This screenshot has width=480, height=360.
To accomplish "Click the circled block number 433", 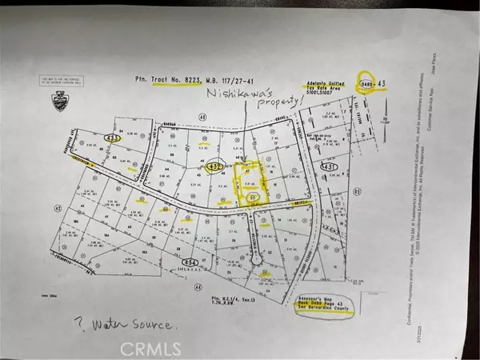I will [x=112, y=138].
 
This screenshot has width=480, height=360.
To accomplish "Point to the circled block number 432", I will [x=212, y=167].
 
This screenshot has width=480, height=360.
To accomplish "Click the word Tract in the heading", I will [x=154, y=81].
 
